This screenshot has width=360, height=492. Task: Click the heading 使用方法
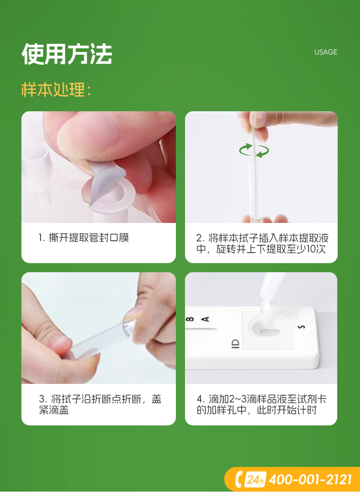[x=67, y=54]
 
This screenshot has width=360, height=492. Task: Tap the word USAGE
[x=325, y=52]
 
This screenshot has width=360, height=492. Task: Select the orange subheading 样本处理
[x=56, y=89]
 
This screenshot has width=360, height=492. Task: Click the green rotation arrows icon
[x=254, y=150]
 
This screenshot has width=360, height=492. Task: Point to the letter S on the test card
[x=301, y=326]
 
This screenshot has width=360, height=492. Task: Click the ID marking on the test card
[x=235, y=344]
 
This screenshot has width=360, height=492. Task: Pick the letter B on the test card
[x=190, y=319]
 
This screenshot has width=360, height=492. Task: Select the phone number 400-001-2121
[x=310, y=479]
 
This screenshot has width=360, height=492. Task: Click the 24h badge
[x=255, y=479]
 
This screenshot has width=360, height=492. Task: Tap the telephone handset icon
[x=239, y=479]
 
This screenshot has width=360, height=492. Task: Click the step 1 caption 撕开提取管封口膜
[x=84, y=238]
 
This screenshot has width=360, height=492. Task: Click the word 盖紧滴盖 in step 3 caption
[x=54, y=410]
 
